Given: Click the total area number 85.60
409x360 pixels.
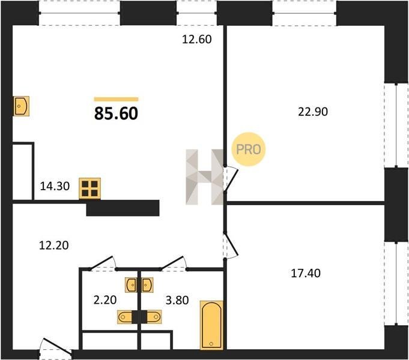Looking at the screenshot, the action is [x=116, y=113].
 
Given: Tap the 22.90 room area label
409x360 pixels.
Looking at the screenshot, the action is [x=313, y=112].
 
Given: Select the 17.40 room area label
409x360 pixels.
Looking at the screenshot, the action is [x=306, y=274].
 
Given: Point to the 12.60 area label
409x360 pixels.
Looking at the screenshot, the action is [x=196, y=40].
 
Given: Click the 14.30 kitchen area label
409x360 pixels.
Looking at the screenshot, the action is [x=55, y=186].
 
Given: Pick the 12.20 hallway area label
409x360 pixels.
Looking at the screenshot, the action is [x=53, y=245].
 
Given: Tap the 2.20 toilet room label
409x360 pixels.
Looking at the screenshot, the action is [x=105, y=300].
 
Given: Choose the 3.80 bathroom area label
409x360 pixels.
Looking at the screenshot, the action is [x=177, y=301].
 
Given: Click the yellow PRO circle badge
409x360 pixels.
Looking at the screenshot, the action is [x=248, y=149].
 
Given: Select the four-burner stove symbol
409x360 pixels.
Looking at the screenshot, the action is [x=90, y=188].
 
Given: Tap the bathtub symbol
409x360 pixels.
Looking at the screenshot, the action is [x=211, y=325].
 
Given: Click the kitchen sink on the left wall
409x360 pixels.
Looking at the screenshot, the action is [x=21, y=106].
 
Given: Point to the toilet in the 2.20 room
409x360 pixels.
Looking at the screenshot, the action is [x=125, y=317].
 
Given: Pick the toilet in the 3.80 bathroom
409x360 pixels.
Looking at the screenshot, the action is [x=154, y=317].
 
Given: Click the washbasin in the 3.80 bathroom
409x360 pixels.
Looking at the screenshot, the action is [x=148, y=285].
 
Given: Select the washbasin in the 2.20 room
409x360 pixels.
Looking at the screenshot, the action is [x=131, y=285].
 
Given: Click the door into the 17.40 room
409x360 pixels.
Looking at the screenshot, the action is [x=231, y=245].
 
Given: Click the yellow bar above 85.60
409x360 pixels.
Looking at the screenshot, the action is [x=116, y=99].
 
